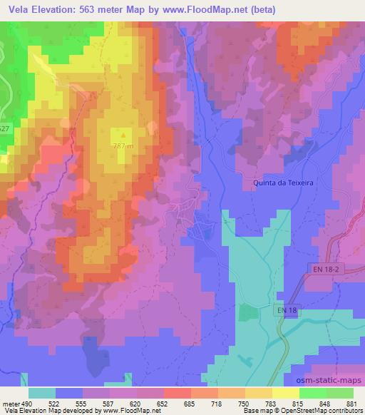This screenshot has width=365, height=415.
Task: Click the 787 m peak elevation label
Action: click(x=123, y=145)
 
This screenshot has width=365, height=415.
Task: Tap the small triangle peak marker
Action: click(x=123, y=133)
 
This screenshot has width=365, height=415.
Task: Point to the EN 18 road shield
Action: click(x=287, y=310)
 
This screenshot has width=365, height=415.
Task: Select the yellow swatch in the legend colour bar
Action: click(x=286, y=393)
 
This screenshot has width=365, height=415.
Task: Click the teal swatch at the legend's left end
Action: click(x=42, y=393)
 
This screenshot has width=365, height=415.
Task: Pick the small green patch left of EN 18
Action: click(x=246, y=312)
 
